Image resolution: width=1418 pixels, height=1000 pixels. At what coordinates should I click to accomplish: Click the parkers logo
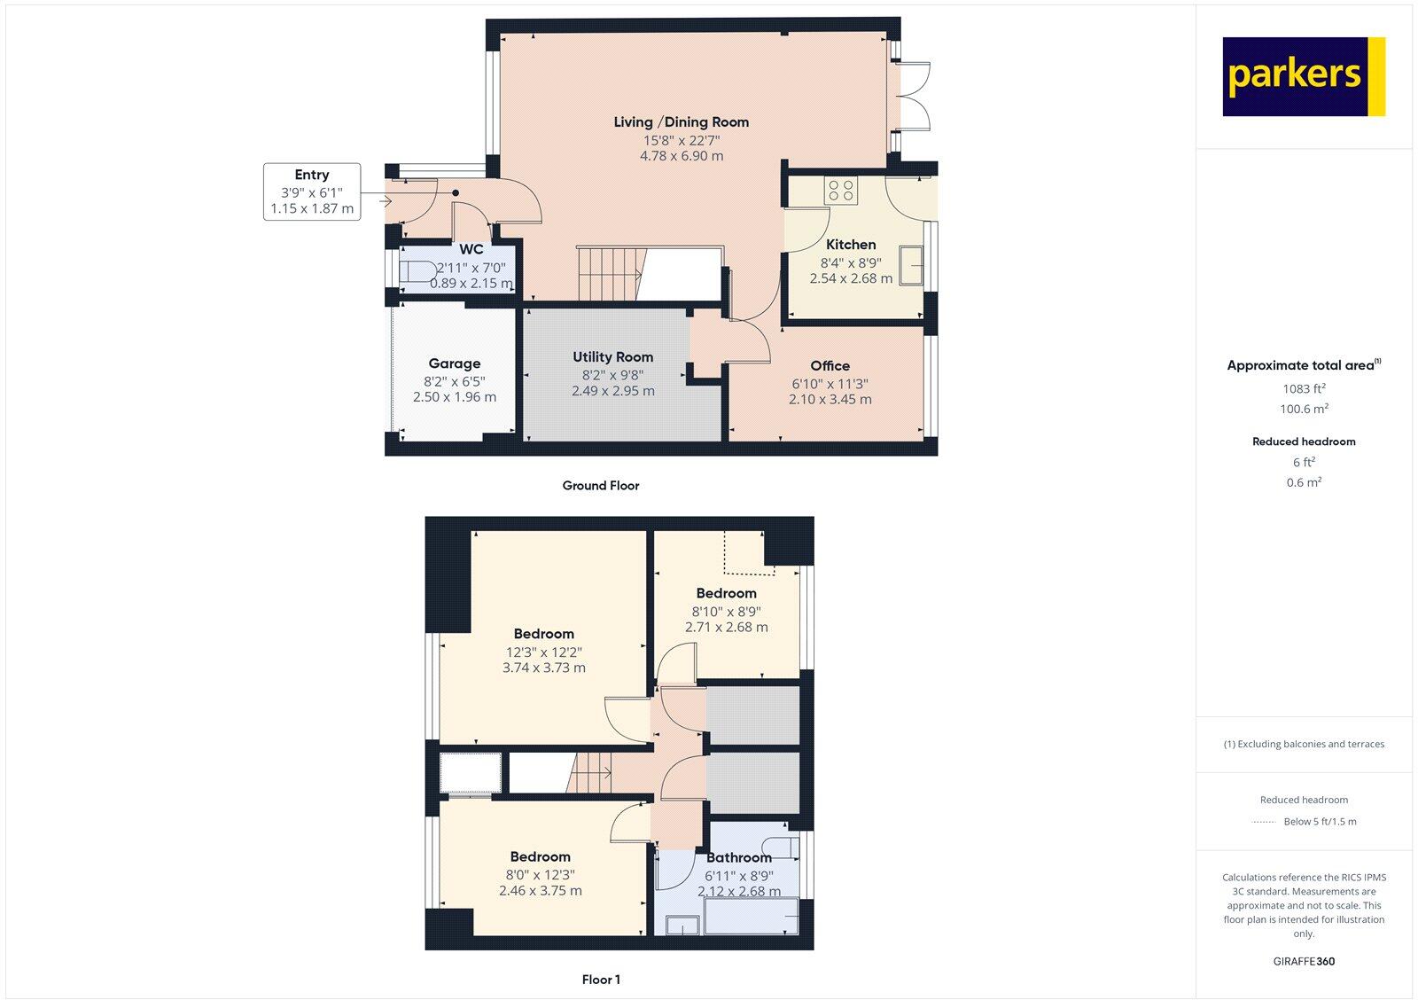point(1303,76)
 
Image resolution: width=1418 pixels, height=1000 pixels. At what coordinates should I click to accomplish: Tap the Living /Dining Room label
point(681,122)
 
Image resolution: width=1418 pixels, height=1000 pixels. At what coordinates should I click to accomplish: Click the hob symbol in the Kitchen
point(839,191)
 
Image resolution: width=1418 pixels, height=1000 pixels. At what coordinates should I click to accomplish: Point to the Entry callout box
point(312,191)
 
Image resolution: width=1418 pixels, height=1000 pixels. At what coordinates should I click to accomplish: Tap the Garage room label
point(454,363)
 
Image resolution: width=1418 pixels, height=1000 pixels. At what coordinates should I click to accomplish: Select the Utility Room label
point(612,356)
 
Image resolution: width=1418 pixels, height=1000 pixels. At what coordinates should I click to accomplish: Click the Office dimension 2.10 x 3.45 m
point(830,399)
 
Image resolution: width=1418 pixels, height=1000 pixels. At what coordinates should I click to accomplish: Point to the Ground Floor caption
point(600,486)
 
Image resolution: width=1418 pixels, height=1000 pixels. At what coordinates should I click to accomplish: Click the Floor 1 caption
point(601,980)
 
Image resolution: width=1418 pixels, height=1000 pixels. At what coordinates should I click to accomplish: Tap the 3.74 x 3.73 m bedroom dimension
point(543,668)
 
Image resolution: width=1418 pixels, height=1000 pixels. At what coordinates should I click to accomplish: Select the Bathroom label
point(738,857)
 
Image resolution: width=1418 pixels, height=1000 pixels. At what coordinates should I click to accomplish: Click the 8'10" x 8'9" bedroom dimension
point(726,611)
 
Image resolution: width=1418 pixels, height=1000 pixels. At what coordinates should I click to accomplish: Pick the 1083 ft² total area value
point(1304,388)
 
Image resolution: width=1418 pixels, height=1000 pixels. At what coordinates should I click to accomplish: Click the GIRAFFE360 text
point(1304,961)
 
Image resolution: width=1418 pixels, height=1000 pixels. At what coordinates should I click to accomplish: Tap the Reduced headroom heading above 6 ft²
point(1304,441)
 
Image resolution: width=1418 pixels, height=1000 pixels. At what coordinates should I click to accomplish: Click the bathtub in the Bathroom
point(751,917)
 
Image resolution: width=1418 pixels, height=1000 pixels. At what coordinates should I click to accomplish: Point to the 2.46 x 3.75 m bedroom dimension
point(540,890)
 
